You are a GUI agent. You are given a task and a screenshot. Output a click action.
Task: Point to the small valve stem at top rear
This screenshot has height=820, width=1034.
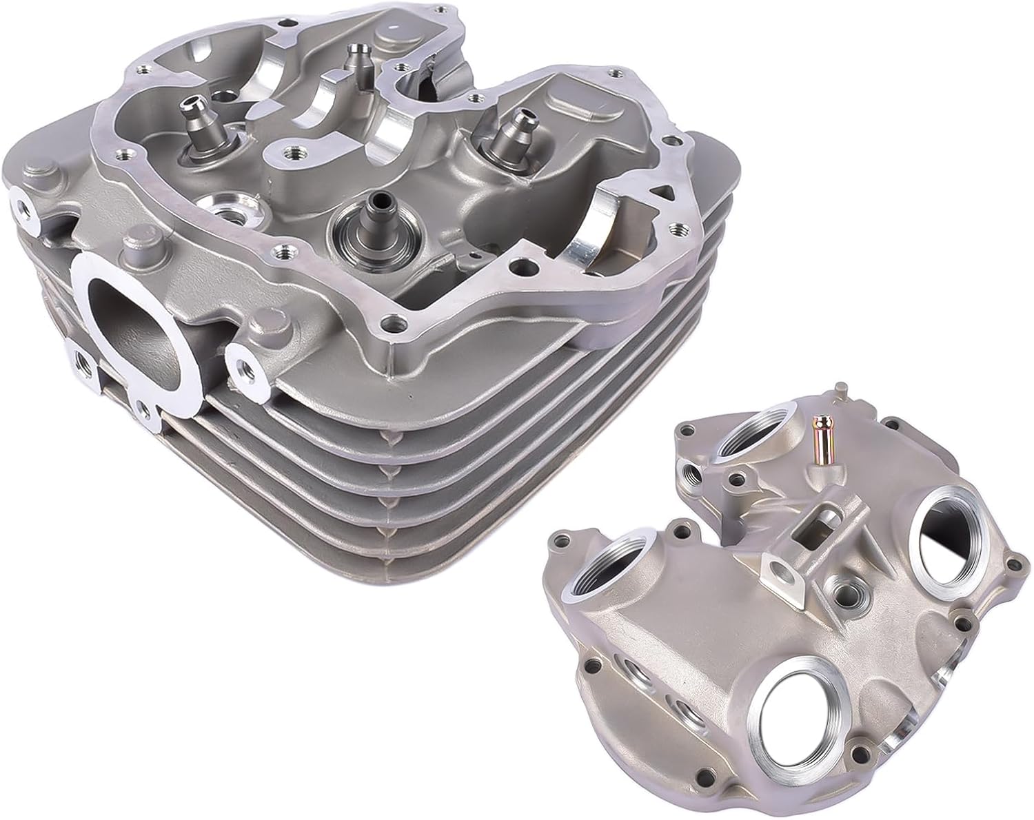pyautogui.click(x=356, y=59)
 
